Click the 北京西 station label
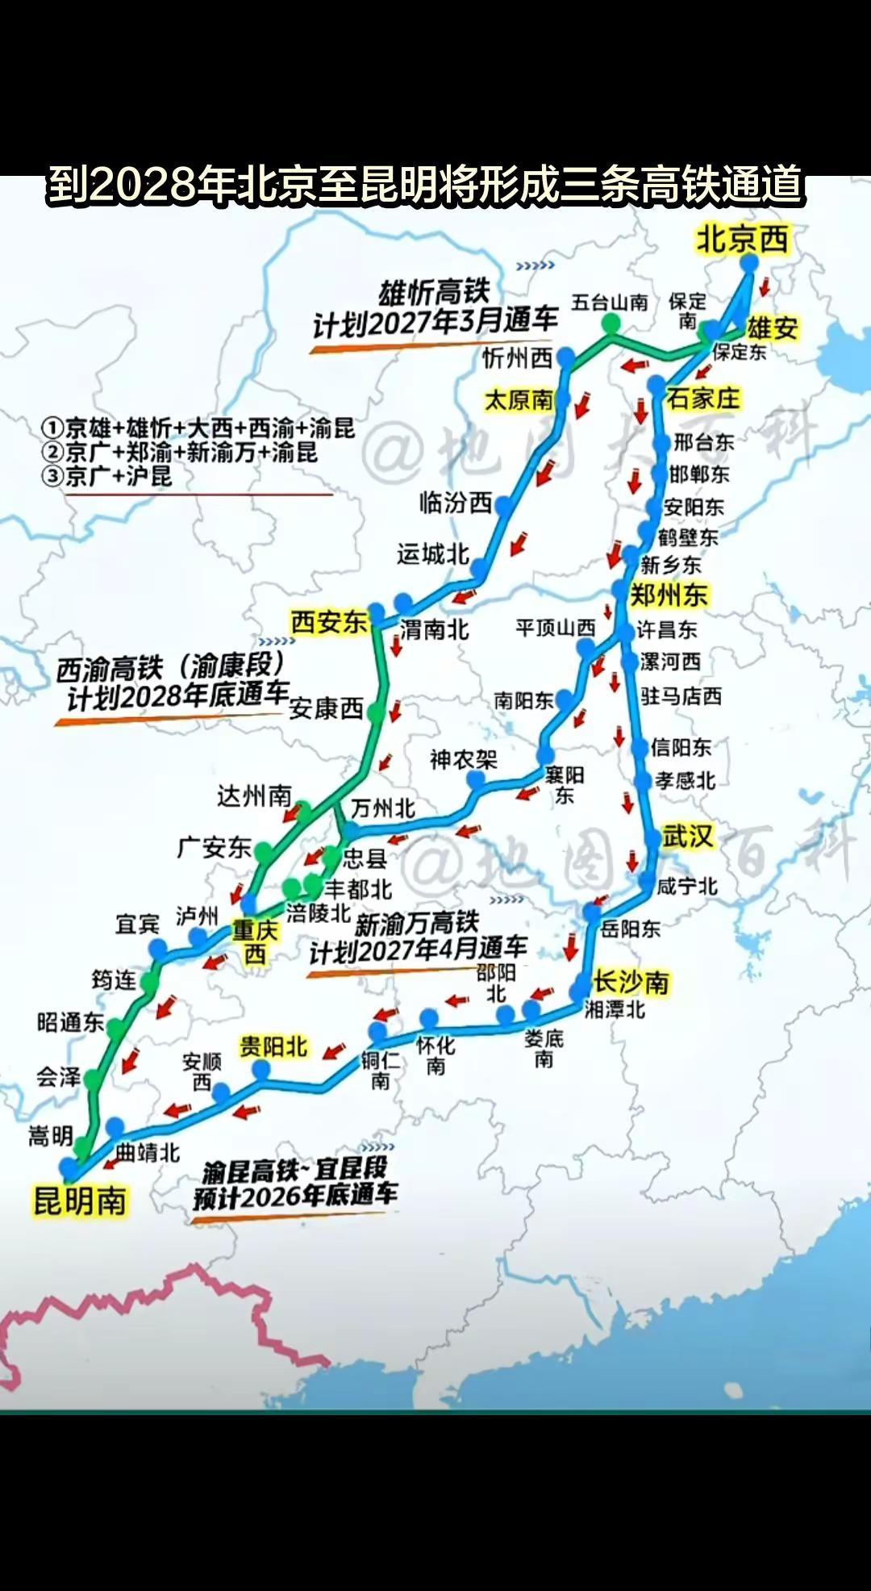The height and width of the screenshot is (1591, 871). tap(742, 240)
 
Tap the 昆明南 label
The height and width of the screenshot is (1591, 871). tap(79, 1201)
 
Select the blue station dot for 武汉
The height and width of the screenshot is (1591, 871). tap(652, 840)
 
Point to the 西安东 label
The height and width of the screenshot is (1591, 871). tap(329, 622)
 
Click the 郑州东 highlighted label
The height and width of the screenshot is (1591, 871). tap(668, 595)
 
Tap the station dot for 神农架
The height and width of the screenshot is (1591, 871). tap(477, 779)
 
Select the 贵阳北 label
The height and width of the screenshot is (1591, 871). tap(273, 1047)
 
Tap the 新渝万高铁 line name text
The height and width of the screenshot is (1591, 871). tap(417, 923)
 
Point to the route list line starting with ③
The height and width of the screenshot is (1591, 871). tap(108, 476)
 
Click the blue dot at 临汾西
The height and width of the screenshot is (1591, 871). tap(504, 506)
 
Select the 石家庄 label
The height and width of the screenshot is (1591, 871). tap(703, 398)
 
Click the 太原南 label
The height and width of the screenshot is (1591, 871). tap(519, 399)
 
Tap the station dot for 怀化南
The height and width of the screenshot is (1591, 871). tap(429, 1018)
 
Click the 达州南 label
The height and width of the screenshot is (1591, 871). tap(254, 796)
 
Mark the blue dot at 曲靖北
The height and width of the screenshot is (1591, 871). tap(115, 1126)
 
